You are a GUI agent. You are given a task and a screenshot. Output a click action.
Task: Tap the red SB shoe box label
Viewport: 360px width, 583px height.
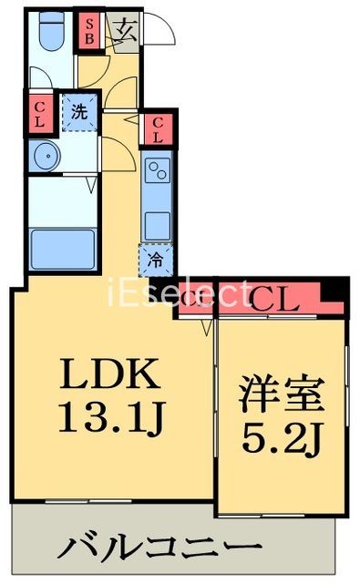pyautogui.click(x=88, y=33)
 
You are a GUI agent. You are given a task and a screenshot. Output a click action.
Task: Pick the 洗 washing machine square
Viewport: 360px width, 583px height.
pyautogui.click(x=79, y=114)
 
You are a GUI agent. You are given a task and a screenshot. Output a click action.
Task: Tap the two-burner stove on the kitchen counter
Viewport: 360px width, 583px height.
pyautogui.click(x=156, y=170)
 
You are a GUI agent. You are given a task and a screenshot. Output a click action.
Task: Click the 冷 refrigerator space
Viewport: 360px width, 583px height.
pyautogui.click(x=156, y=261)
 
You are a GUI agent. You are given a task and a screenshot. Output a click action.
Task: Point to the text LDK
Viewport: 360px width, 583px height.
pyautogui.click(x=111, y=374)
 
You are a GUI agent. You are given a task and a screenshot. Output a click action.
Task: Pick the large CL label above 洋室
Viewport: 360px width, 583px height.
pyautogui.click(x=274, y=298)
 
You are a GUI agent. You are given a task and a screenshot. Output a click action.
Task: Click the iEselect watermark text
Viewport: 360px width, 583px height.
pyautogui.click(x=180, y=293)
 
